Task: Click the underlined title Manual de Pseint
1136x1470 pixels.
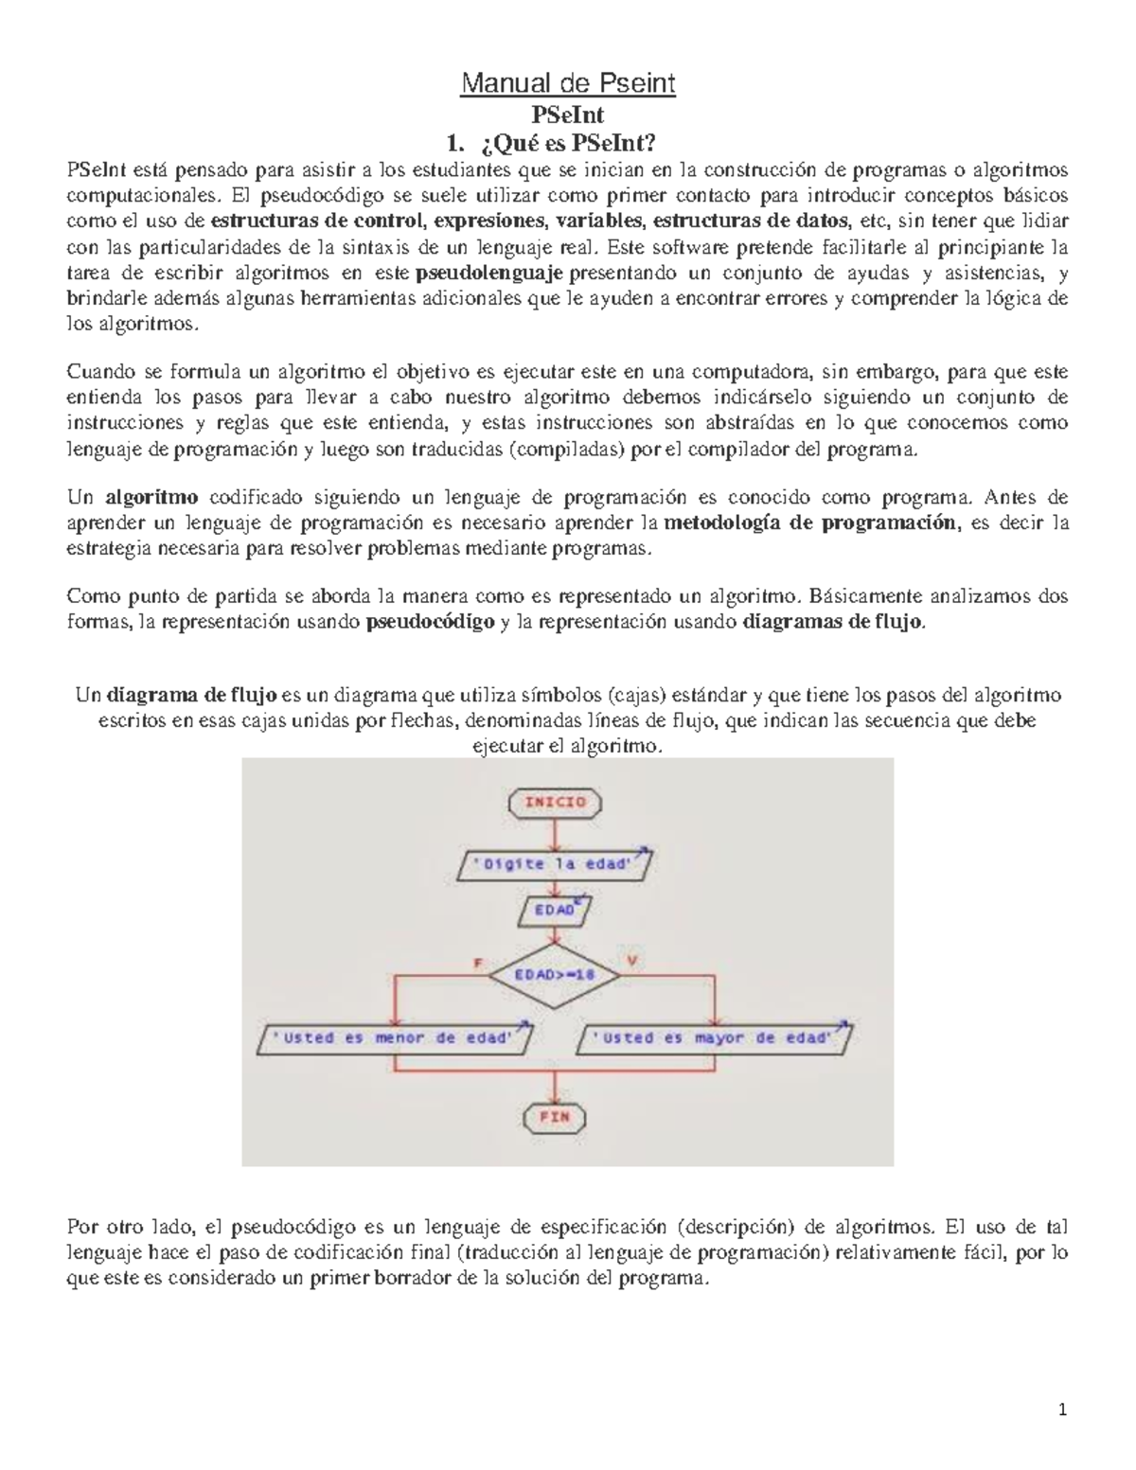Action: (567, 84)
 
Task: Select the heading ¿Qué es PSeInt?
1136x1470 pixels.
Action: (567, 145)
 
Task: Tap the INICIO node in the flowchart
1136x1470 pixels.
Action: (555, 802)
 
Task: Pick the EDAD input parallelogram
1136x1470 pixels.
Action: (555, 910)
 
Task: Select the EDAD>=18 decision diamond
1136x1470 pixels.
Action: (555, 972)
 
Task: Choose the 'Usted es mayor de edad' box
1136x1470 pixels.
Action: (715, 1038)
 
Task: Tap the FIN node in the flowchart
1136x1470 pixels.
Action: (555, 1116)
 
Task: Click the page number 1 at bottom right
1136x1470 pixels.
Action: (1062, 1409)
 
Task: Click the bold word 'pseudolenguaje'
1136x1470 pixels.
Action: (489, 274)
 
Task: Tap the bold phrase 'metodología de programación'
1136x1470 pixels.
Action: (810, 522)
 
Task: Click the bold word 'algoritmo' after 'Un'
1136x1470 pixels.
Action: (151, 497)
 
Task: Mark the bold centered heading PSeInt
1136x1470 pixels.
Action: (567, 115)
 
